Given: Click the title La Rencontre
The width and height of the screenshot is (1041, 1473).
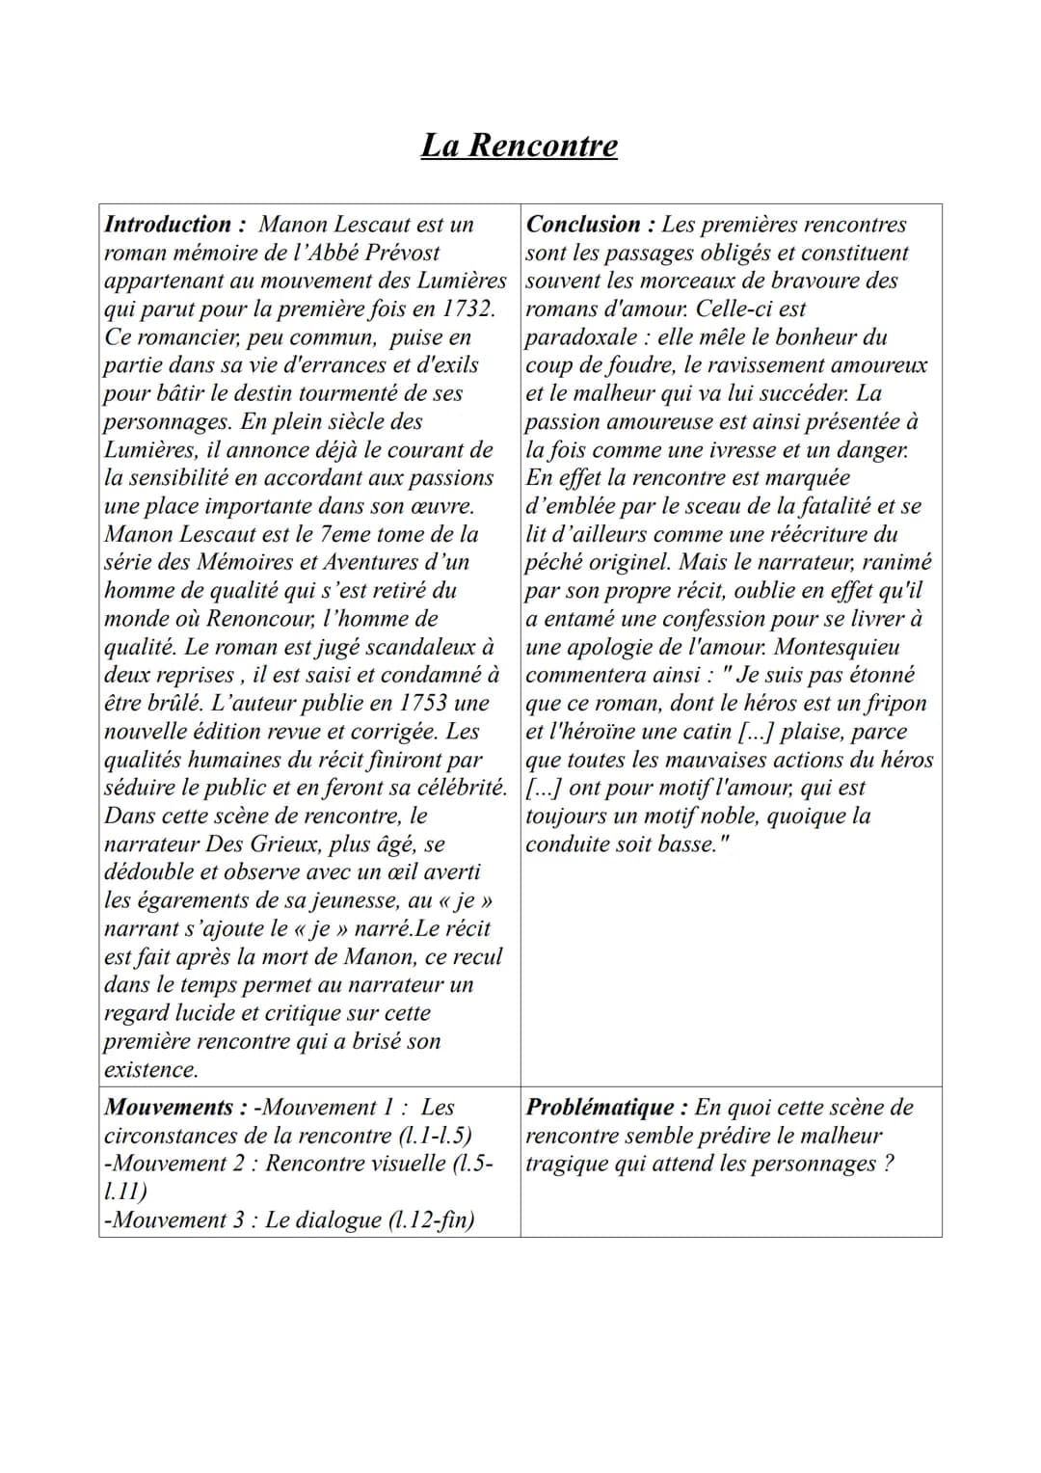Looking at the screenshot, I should [x=520, y=146].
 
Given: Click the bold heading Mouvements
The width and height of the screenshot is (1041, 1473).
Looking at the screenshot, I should [x=169, y=1108].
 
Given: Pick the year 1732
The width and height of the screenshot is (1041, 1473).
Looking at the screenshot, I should [x=469, y=309].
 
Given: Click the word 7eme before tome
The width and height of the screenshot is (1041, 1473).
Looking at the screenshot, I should [x=345, y=534].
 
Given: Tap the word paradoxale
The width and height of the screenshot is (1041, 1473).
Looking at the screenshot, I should [x=581, y=337].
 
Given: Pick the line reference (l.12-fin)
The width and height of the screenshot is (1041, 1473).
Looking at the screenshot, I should [x=431, y=1220].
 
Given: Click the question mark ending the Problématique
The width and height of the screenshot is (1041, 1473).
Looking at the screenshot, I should [x=887, y=1164].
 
